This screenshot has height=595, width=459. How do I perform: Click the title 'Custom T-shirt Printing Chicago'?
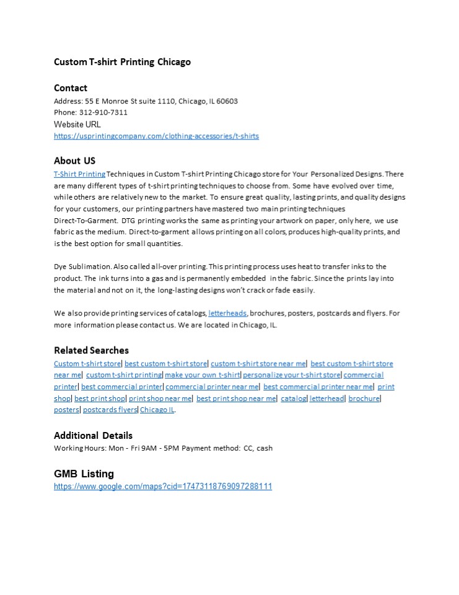122,62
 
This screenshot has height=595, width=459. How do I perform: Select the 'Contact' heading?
71,88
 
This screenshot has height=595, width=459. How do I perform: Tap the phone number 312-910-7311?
103,112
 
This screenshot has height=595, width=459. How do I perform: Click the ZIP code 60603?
227,100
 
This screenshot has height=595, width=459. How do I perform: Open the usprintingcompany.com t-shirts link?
156,136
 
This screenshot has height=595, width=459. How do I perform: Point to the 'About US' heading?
74,161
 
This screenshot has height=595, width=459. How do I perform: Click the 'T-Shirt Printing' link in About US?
79,174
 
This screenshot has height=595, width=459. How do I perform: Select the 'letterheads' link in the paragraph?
227,313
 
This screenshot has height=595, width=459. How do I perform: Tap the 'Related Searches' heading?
91,350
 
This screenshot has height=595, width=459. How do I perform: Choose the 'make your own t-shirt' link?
203,375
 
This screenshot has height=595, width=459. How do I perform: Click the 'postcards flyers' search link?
110,410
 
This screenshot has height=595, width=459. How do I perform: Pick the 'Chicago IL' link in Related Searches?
157,410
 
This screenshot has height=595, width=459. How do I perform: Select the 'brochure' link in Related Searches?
364,399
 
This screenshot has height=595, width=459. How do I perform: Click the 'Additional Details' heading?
93,435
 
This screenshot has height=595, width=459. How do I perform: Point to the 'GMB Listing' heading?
84,474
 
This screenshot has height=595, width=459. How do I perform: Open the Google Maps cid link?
163,487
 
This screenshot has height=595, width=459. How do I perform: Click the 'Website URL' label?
77,124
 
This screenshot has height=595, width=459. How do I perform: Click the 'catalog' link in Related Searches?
294,399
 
